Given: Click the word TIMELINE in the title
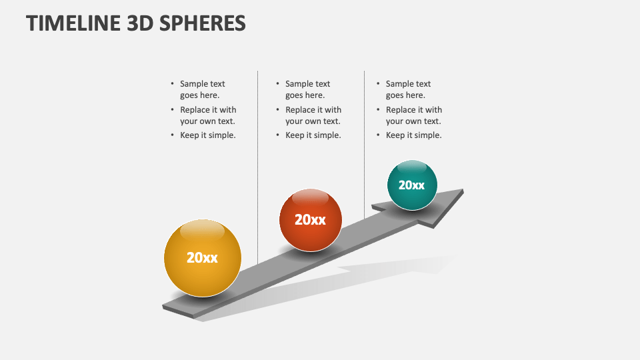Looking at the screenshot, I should coord(72,23).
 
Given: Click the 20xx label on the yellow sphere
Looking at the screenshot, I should coord(202,257).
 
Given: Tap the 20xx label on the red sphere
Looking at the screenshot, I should coord(310,219).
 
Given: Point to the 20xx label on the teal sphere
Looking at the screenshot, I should coord(411,185).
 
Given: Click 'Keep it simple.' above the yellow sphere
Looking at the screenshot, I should coord(207,135).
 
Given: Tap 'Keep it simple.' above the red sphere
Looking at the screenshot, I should coord(313,135).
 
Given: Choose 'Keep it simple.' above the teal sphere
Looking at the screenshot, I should coord(413,135).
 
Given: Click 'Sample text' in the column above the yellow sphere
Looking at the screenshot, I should coord(202,84).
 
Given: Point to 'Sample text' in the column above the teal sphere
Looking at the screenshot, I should coord(408,84).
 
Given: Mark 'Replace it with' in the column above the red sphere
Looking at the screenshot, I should coord(313,110).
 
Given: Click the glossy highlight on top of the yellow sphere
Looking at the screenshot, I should coord(202,231).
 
